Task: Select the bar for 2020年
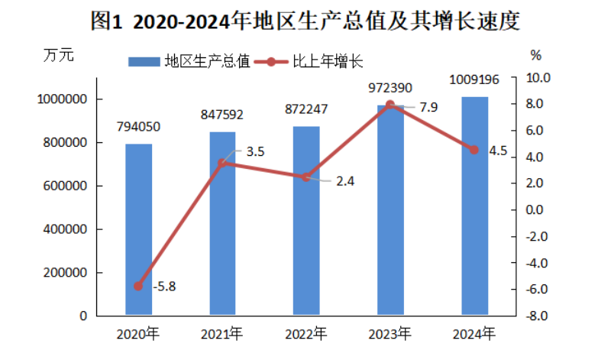pyautogui.click(x=138, y=229)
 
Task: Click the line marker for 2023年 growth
pyautogui.click(x=390, y=105)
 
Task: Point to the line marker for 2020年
pyautogui.click(x=138, y=286)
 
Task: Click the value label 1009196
pyautogui.click(x=474, y=79)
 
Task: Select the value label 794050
pyautogui.click(x=138, y=127)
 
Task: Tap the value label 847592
pyautogui.click(x=222, y=115)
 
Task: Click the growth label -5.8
pyautogui.click(x=165, y=288)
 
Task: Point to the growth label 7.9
pyautogui.click(x=428, y=107)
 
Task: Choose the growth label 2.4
pyautogui.click(x=345, y=181)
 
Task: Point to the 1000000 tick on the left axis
pyautogui.click(x=62, y=99)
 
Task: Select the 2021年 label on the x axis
pyautogui.click(x=222, y=334)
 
